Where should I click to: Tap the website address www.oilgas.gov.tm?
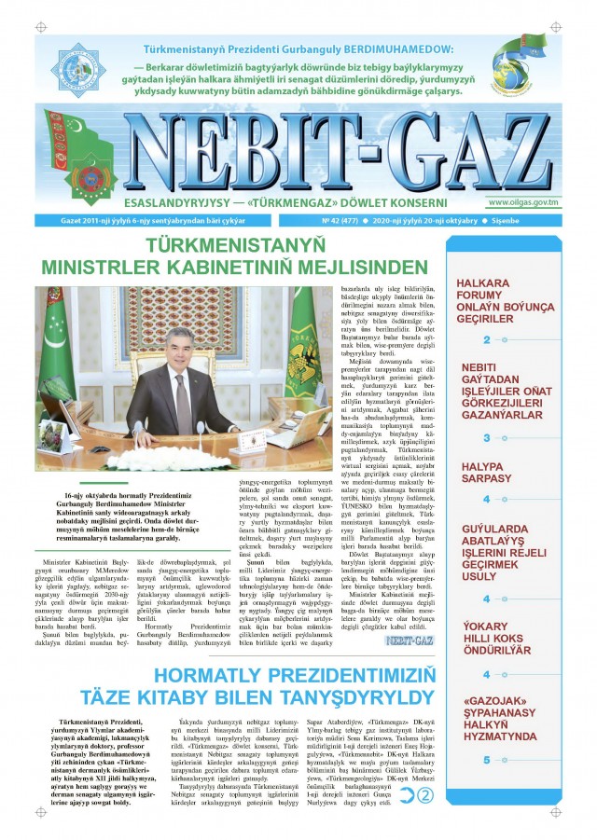pyautogui.click(x=522, y=201)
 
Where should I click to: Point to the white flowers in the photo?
pyautogui.click(x=177, y=460)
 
